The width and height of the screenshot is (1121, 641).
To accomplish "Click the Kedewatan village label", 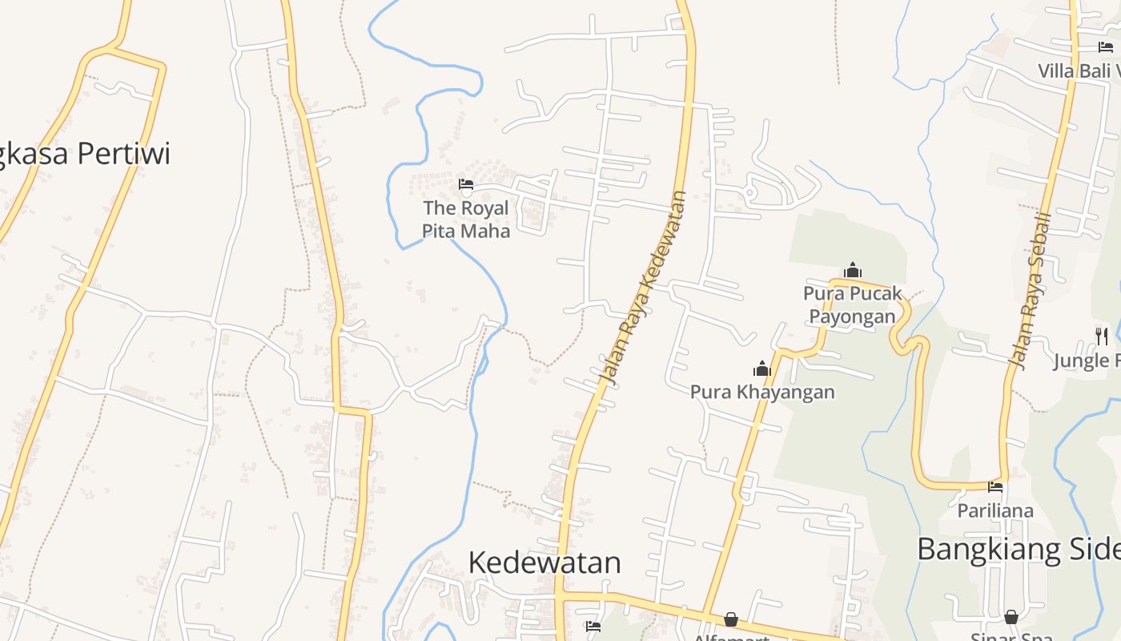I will pyautogui.click(x=544, y=562).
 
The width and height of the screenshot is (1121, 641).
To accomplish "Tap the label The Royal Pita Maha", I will pyautogui.click(x=466, y=220).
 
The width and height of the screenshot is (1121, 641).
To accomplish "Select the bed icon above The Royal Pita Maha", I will pyautogui.click(x=466, y=185).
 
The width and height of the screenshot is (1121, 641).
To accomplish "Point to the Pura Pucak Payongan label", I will pyautogui.click(x=853, y=304).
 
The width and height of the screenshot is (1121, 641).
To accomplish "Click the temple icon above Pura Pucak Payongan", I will pyautogui.click(x=853, y=270).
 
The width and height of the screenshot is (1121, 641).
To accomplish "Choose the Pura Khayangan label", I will pyautogui.click(x=762, y=392).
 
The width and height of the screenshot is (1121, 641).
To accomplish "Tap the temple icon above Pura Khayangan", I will pyautogui.click(x=761, y=369).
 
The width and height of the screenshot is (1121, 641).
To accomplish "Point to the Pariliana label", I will pyautogui.click(x=995, y=510).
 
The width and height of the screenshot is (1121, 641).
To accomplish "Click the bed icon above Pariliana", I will pyautogui.click(x=995, y=486).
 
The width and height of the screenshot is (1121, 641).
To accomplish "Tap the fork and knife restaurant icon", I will pyautogui.click(x=1102, y=336).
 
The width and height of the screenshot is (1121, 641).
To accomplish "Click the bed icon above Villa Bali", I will pyautogui.click(x=1106, y=47).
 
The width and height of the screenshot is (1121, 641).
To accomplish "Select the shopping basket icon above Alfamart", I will pyautogui.click(x=731, y=619).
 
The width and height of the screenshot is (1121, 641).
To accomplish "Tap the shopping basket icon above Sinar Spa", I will pyautogui.click(x=1011, y=617).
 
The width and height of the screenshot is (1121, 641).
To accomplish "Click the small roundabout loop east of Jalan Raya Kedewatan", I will pyautogui.click(x=751, y=193).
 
